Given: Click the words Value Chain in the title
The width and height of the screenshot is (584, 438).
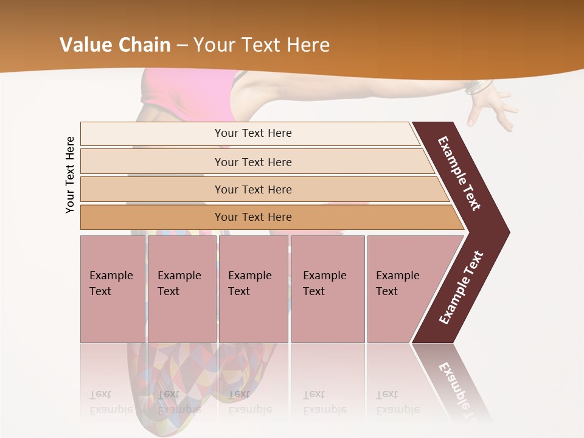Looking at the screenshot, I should point(115,45).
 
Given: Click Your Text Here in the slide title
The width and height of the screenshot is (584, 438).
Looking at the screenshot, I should point(262,45).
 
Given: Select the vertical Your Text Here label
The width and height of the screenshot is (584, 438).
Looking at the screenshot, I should point(71,175).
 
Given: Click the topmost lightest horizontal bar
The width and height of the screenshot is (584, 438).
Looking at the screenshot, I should point(252,133).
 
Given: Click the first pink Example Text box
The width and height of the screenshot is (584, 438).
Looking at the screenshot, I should point(113,289).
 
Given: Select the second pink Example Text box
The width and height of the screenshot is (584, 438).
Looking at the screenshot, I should point(181,289).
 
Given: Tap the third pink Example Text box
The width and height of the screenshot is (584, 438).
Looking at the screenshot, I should point(253,289).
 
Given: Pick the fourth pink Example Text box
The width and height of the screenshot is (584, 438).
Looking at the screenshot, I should point(328,289).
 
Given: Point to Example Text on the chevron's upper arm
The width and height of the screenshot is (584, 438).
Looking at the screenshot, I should point(459,173).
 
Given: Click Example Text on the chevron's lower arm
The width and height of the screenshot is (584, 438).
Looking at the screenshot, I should point(461,288).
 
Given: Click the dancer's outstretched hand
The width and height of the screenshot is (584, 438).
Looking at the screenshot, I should point(496,106).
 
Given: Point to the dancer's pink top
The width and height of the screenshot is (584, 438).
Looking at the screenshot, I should point(207,94).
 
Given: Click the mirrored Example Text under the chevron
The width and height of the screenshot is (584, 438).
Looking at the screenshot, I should point(459,386).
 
